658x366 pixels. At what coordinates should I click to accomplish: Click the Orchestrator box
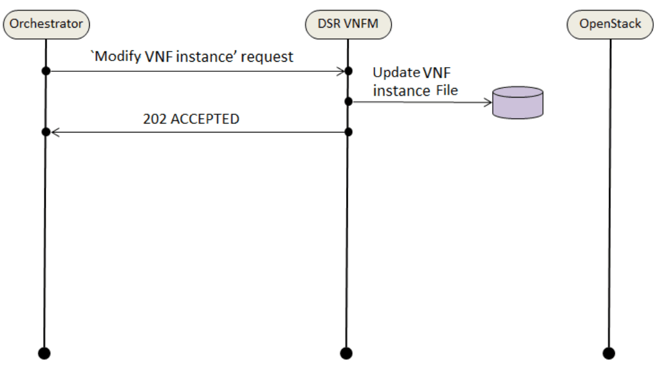click(x=46, y=24)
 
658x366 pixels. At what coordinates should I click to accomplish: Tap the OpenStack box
click(x=610, y=24)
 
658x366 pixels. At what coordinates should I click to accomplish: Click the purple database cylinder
click(x=517, y=102)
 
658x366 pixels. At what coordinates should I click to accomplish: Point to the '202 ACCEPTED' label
click(x=191, y=119)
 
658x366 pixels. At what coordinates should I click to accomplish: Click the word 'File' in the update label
click(x=445, y=91)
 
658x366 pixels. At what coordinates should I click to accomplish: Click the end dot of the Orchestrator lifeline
click(x=44, y=352)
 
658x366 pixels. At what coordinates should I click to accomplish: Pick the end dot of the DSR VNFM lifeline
click(x=347, y=352)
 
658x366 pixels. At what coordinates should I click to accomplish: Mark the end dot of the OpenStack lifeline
click(x=609, y=352)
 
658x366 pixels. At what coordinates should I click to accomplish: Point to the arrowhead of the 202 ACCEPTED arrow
click(x=54, y=132)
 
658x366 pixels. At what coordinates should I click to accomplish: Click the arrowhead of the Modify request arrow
click(x=341, y=71)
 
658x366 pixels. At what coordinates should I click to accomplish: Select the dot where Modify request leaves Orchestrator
click(x=45, y=71)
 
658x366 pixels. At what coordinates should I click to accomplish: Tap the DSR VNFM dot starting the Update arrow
click(x=348, y=102)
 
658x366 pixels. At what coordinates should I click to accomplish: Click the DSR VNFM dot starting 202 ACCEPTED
click(x=348, y=132)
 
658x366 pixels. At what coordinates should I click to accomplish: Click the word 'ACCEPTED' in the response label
click(x=205, y=119)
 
